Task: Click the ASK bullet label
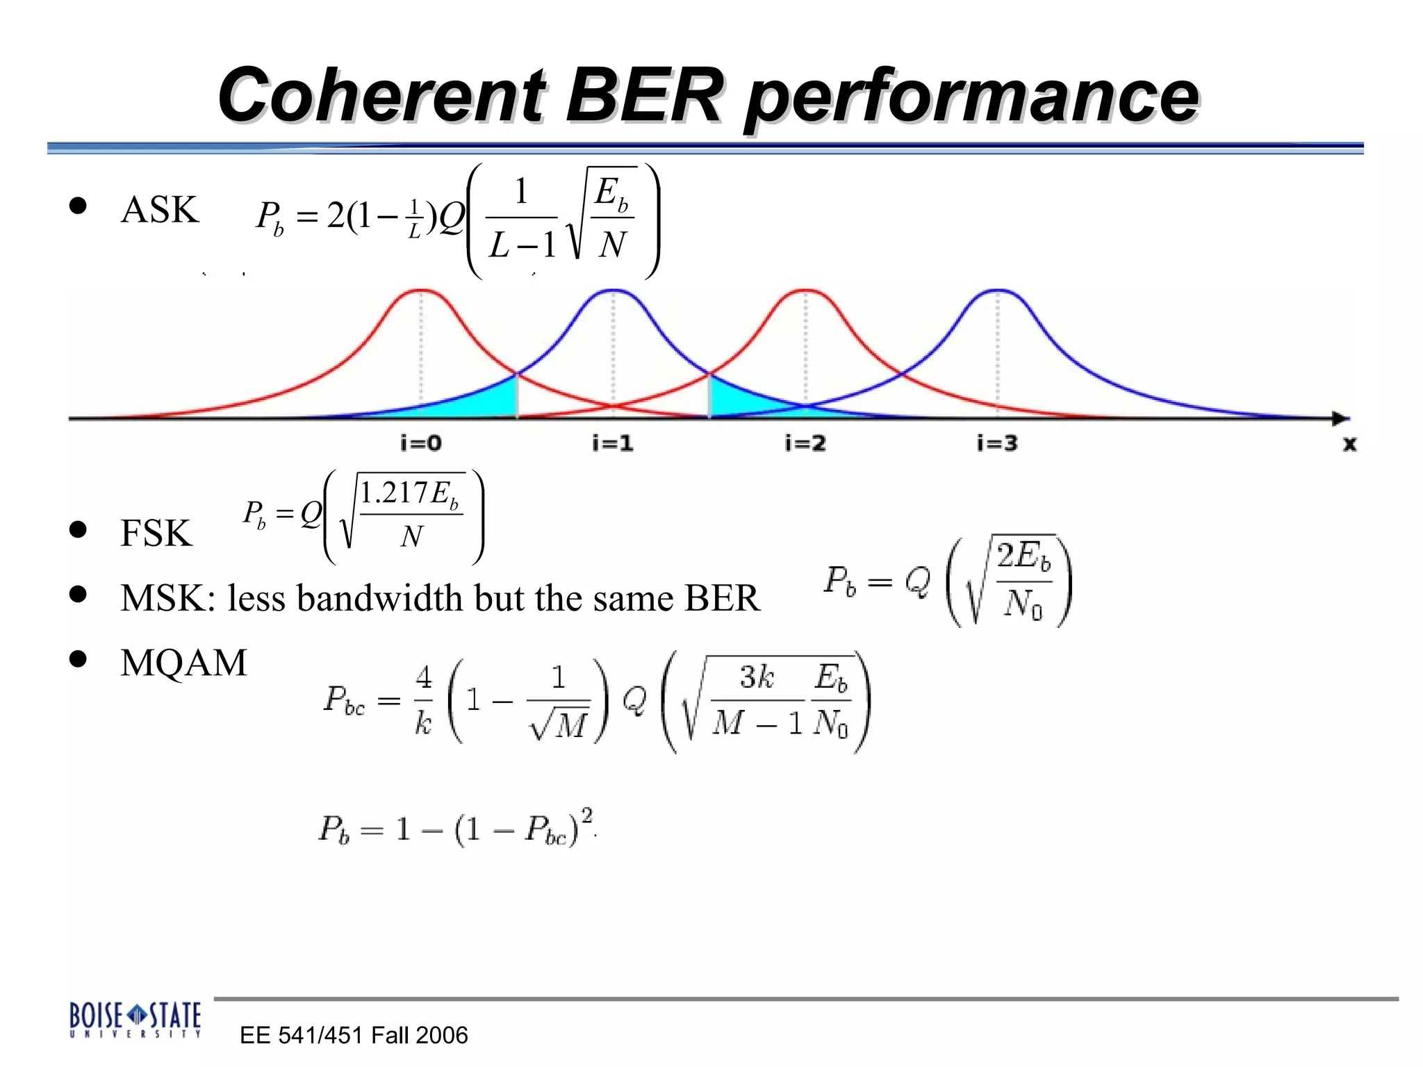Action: (x=160, y=210)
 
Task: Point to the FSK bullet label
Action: (x=156, y=533)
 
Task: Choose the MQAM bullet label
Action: (x=183, y=663)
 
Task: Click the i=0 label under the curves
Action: (x=421, y=443)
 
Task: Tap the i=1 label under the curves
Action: (x=613, y=443)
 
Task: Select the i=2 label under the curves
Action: (x=805, y=443)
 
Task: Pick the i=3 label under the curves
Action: (x=997, y=443)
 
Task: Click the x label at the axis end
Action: (x=1349, y=444)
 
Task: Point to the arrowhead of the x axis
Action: (x=1340, y=418)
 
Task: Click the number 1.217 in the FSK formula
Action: (x=393, y=493)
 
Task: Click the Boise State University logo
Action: (x=135, y=1020)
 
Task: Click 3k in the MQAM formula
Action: (x=757, y=677)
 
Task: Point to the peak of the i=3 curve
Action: (x=998, y=290)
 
